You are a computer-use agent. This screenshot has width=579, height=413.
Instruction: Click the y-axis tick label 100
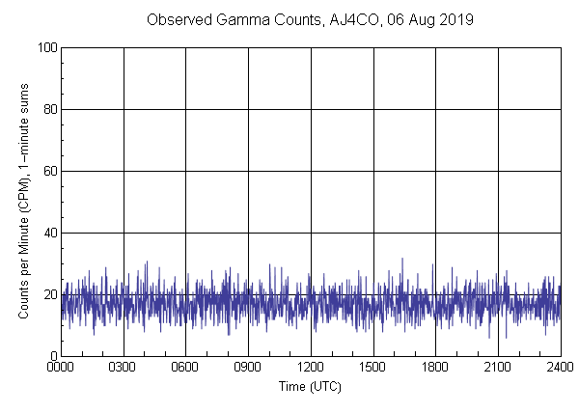point(46,47)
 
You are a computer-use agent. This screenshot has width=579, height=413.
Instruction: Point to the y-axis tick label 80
point(49,109)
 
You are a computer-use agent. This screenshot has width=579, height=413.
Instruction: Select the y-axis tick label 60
point(49,171)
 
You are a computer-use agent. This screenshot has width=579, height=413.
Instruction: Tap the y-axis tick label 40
point(49,233)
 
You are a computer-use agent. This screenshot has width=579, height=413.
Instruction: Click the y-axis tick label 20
point(49,294)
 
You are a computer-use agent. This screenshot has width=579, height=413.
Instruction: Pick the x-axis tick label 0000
point(61,368)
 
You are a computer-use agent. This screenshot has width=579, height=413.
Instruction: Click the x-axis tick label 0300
point(124,368)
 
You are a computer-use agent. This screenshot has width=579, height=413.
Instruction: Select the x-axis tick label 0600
point(185,368)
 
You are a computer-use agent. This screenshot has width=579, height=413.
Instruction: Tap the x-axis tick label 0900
point(248,368)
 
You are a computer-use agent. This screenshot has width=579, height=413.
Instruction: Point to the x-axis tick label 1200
point(311,368)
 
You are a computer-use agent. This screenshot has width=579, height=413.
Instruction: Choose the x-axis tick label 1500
point(372,368)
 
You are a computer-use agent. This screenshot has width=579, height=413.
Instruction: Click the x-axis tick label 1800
point(435,368)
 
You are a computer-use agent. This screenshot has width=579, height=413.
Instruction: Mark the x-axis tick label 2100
point(498,368)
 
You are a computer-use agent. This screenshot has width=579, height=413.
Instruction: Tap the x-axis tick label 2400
point(560,368)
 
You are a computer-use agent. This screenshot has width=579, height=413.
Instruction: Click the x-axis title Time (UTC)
point(310,386)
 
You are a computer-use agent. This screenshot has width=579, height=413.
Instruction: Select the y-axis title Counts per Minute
point(23,202)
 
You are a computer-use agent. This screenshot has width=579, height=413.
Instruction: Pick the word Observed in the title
point(175,19)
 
